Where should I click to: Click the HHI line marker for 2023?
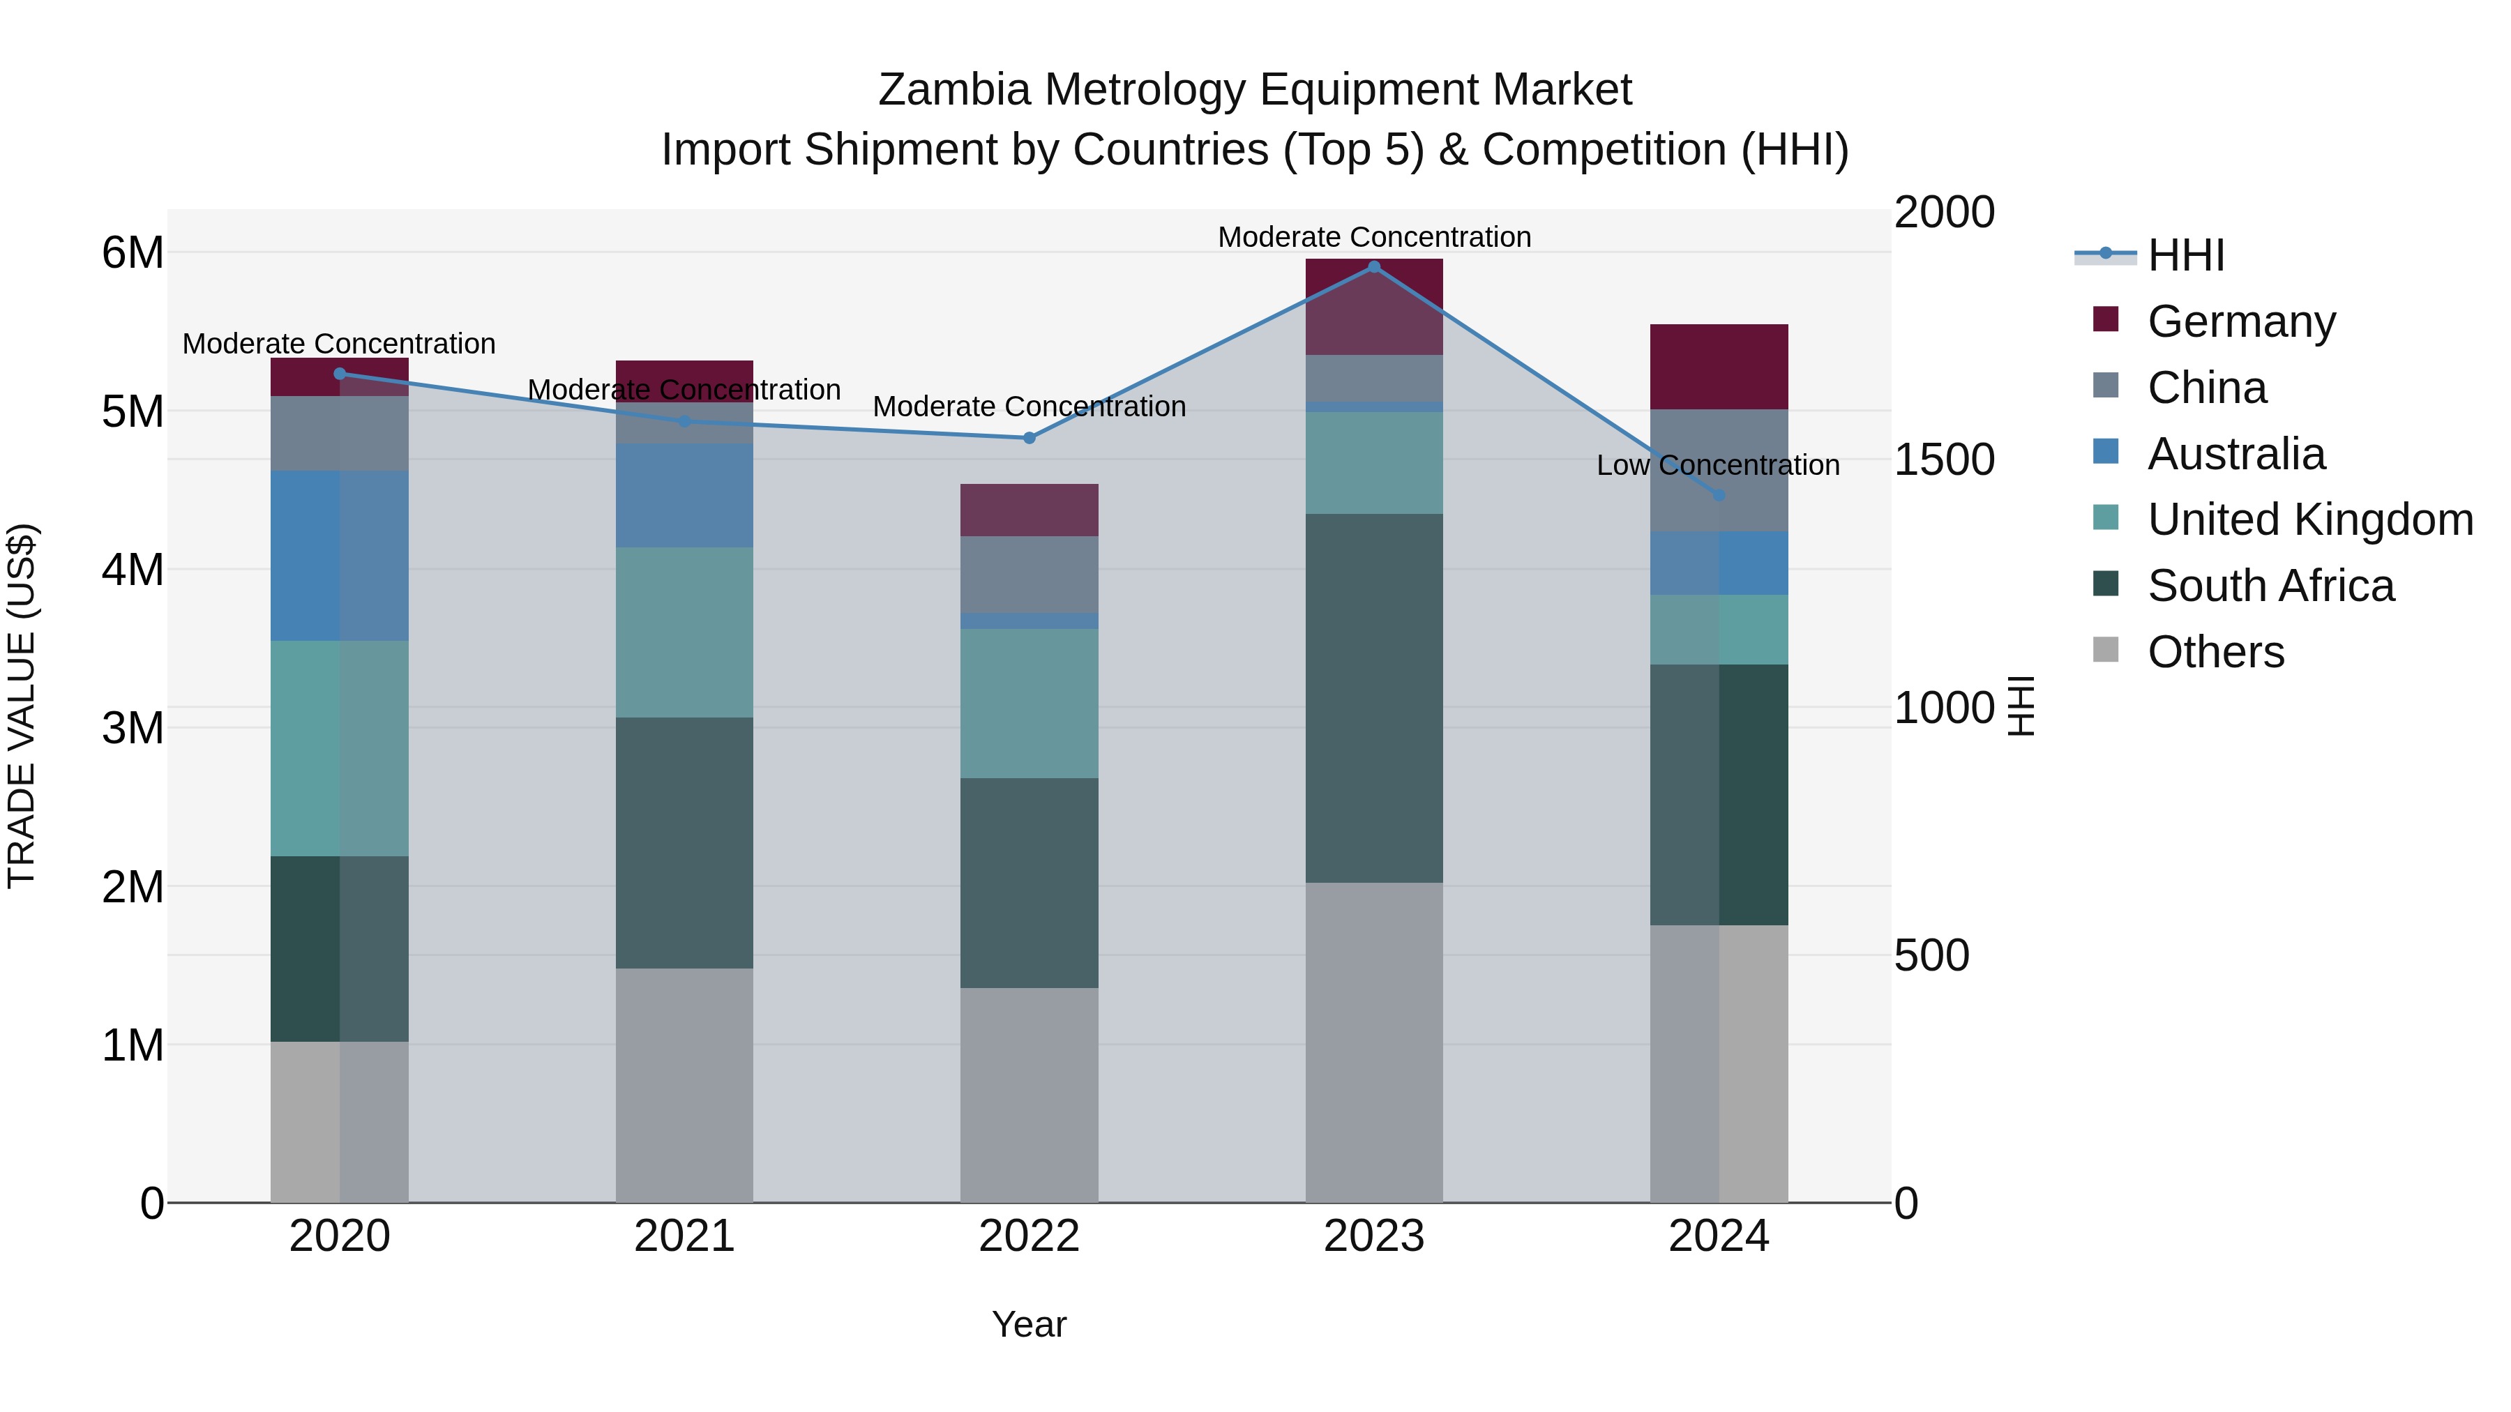(1373, 267)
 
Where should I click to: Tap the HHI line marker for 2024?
(1719, 495)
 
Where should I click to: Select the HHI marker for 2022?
(1030, 437)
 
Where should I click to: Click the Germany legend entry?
(2240, 321)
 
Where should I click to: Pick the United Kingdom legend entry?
(2309, 519)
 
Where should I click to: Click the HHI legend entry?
(2185, 255)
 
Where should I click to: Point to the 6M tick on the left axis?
(133, 253)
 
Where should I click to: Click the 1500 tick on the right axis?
(1944, 460)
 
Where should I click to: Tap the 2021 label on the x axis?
(684, 1236)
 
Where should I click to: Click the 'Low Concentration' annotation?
(1717, 466)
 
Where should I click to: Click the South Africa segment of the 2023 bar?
(1373, 698)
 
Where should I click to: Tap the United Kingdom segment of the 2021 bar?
(684, 632)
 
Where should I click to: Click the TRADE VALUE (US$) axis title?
(22, 706)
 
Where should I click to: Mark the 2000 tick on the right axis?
(1944, 213)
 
